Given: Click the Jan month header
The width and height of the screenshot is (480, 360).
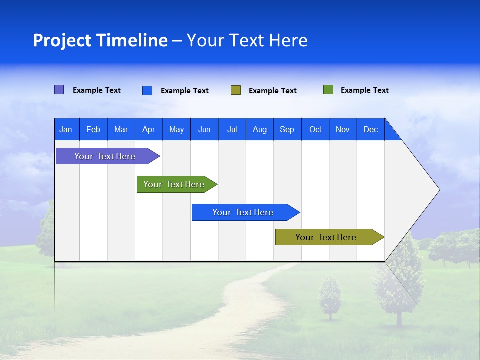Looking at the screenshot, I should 66,129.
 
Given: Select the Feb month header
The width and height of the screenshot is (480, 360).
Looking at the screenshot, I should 93,129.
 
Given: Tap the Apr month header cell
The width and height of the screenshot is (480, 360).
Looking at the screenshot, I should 149,129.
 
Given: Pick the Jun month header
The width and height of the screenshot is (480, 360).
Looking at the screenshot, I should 204,129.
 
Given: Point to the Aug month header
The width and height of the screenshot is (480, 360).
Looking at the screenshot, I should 260,129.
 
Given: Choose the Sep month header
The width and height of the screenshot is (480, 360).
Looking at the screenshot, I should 287,129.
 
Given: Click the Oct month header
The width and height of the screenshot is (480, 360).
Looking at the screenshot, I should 315,129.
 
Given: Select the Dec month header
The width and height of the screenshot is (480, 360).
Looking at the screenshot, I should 371,129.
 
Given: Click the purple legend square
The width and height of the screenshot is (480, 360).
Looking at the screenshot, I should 59,90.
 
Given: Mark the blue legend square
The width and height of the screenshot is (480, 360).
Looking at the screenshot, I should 147,90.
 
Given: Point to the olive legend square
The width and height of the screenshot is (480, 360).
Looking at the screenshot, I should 236,90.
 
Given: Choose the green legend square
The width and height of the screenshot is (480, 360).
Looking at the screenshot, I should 328,90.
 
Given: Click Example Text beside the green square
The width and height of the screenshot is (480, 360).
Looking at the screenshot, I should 364,90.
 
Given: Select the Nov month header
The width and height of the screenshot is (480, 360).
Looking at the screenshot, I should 343,129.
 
